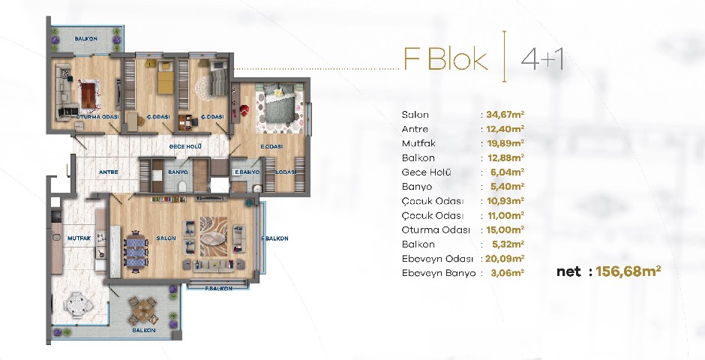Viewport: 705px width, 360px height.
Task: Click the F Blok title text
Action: click(445, 59)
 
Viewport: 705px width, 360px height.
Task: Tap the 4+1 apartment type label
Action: click(541, 59)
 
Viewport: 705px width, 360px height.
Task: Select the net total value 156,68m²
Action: click(628, 271)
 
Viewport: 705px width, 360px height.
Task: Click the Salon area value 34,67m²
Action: click(505, 115)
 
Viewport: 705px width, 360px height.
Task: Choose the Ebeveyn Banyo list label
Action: click(439, 273)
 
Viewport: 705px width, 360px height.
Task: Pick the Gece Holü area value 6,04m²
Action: click(508, 172)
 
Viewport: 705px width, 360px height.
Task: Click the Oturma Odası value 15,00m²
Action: click(505, 229)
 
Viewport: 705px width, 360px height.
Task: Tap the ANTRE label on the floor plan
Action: click(108, 172)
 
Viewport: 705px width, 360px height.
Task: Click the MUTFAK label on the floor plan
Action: click(79, 238)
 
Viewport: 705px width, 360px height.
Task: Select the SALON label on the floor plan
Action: click(166, 238)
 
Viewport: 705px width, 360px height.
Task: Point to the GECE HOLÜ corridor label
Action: click(184, 146)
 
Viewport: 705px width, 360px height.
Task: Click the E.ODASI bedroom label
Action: click(271, 146)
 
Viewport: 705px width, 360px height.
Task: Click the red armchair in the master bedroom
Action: click(244, 110)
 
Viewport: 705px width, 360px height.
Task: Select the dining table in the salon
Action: click(136, 252)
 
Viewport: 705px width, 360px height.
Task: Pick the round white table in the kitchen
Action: click(79, 305)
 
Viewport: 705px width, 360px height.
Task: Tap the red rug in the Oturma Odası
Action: click(91, 95)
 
